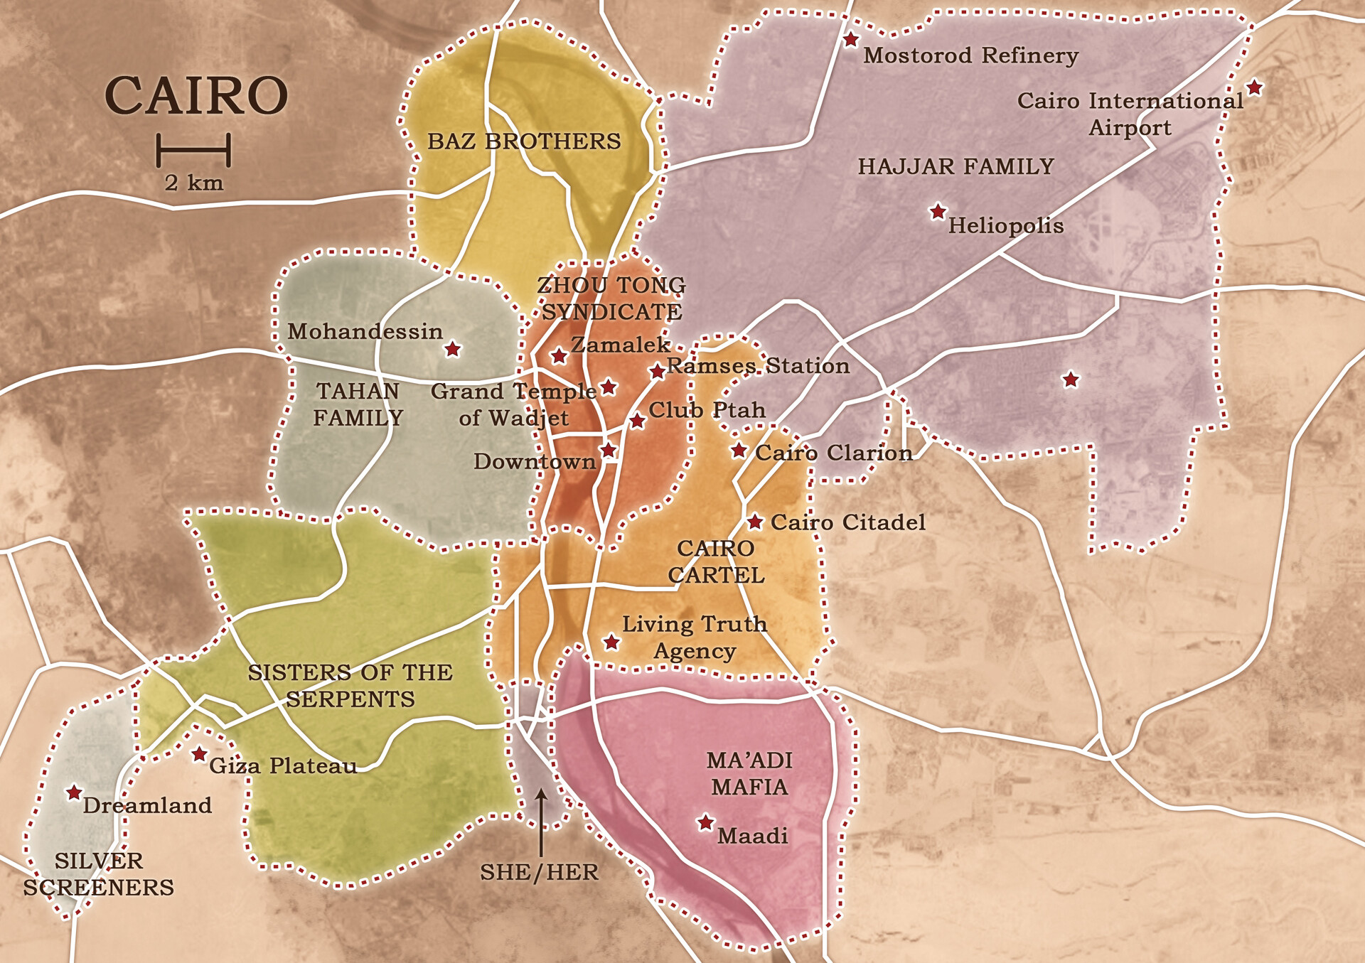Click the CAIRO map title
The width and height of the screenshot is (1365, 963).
click(196, 96)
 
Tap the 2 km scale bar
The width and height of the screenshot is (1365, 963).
click(193, 150)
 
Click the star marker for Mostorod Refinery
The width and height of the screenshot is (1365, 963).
click(850, 40)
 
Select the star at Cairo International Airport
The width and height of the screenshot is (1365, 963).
click(1255, 87)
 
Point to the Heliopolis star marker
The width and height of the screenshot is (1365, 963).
click(938, 211)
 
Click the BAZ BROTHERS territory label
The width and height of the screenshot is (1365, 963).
click(524, 141)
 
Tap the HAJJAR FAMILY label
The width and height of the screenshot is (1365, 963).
click(955, 166)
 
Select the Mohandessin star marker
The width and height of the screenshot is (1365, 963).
click(452, 349)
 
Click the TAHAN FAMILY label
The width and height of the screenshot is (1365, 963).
click(358, 404)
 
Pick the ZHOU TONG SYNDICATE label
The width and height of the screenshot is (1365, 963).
click(611, 298)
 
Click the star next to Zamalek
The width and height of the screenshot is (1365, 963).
click(559, 355)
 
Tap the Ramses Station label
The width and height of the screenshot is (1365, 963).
click(758, 366)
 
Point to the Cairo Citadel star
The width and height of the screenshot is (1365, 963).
click(755, 522)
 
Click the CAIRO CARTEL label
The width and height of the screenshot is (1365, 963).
click(716, 561)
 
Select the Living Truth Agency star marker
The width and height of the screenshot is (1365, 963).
click(611, 642)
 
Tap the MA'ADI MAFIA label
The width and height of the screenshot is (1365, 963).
click(749, 774)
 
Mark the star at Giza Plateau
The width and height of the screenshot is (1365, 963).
click(200, 754)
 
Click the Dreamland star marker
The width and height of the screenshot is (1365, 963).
click(74, 792)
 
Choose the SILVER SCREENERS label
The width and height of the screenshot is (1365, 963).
click(98, 874)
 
